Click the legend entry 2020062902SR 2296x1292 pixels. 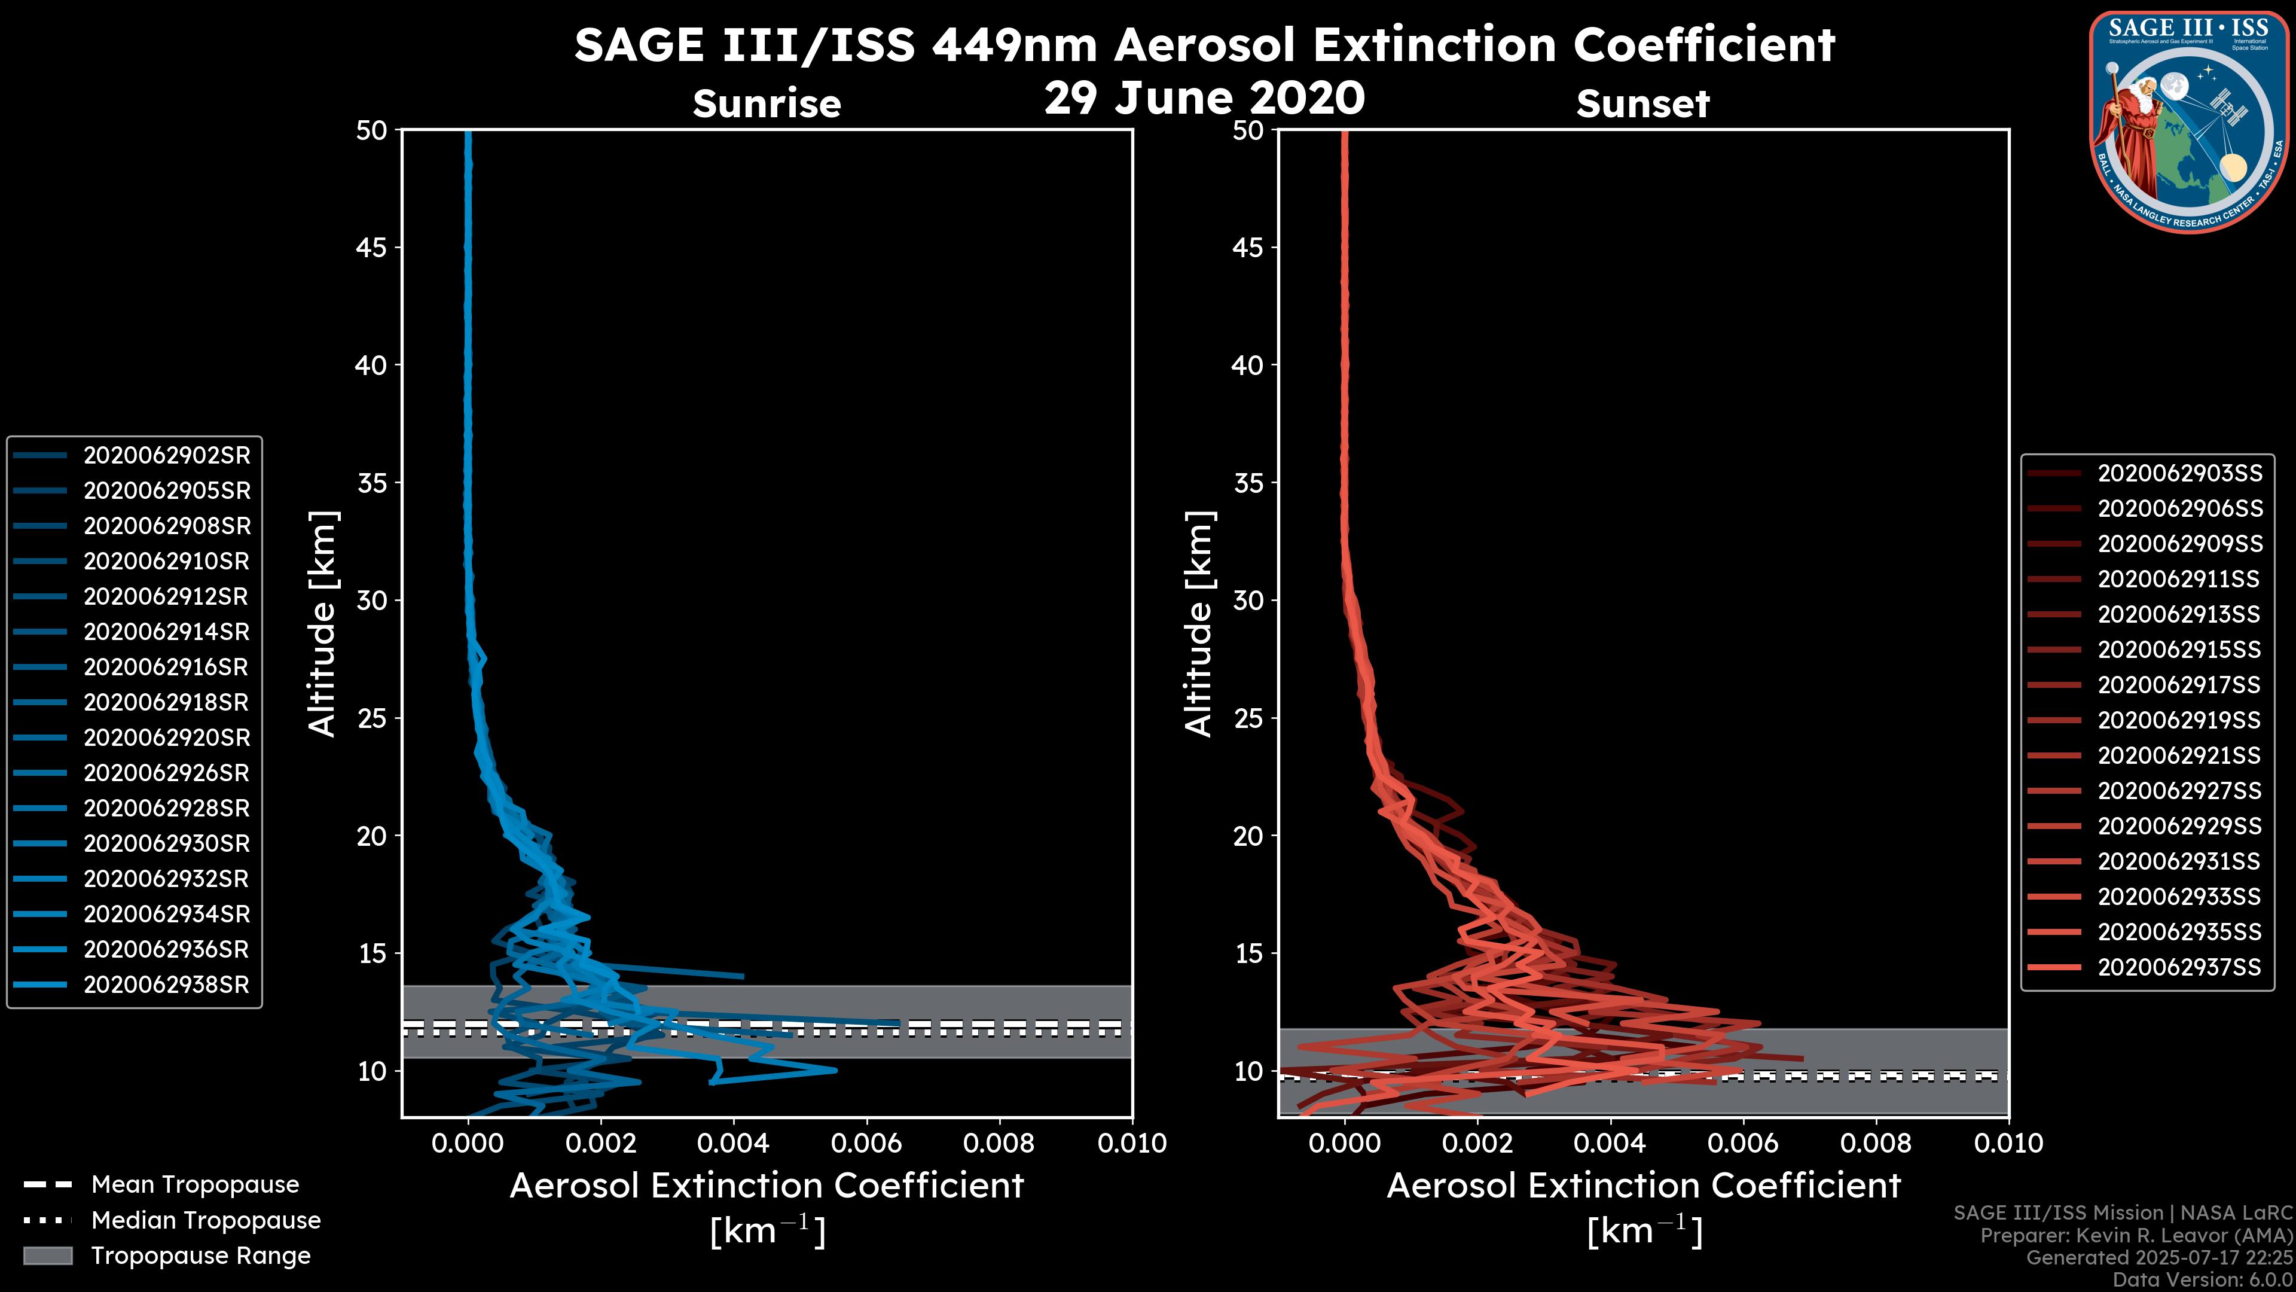click(x=167, y=456)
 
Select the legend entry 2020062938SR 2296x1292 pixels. click(x=167, y=985)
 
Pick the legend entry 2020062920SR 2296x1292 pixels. click(x=167, y=738)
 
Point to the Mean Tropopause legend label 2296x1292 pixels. click(x=195, y=1185)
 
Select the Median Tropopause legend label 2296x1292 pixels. click(x=206, y=1221)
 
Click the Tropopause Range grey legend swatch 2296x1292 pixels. click(x=47, y=1256)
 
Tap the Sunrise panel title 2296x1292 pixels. click(x=767, y=104)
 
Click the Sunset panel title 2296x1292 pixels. click(x=1642, y=104)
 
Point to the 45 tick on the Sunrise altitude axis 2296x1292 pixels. click(x=372, y=248)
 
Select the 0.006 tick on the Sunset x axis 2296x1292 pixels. click(x=1744, y=1143)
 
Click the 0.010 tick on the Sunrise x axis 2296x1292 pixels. click(x=1131, y=1143)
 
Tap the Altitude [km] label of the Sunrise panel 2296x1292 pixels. click(x=323, y=624)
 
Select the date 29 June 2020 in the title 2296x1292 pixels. click(x=1204, y=98)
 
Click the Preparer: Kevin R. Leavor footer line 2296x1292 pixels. click(x=2136, y=1236)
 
